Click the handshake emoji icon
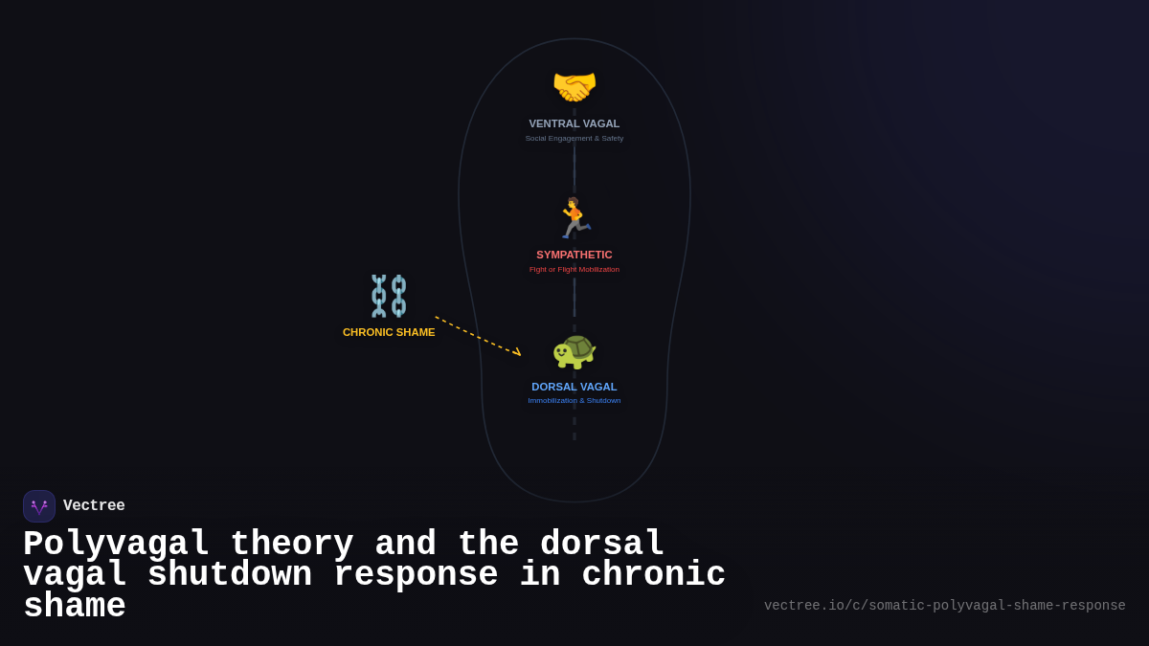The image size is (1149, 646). point(574,87)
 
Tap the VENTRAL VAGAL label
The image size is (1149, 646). point(574,123)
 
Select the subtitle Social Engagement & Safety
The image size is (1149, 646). point(574,139)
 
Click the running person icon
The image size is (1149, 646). point(574,218)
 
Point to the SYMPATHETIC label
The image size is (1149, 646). point(574,255)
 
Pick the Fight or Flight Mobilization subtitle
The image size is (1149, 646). point(574,270)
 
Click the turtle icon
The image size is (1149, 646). point(574,350)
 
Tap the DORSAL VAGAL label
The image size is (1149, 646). point(574,387)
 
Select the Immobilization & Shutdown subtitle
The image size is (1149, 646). point(574,401)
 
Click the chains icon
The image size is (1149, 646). point(389,296)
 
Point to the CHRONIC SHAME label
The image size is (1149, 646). point(389,332)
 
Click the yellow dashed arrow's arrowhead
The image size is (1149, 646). point(517,353)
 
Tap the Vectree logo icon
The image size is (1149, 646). point(39,506)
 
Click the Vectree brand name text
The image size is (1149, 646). point(94,506)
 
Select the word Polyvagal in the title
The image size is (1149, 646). point(116,545)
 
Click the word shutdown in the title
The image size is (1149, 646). point(230,575)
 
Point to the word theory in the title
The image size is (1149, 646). point(292,545)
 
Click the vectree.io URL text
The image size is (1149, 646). point(944,606)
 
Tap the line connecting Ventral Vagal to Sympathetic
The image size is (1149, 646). point(574,168)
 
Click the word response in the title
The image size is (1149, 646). point(416,575)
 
